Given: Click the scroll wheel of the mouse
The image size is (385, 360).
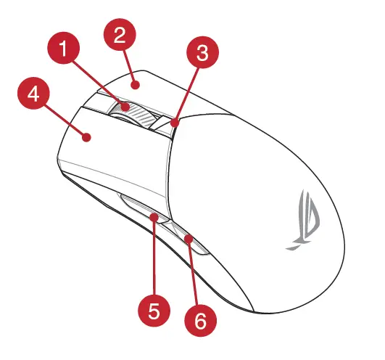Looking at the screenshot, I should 132,113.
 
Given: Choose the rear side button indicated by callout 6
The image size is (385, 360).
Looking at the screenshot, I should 185,236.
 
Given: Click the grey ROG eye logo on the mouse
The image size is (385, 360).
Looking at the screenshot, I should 305,218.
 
